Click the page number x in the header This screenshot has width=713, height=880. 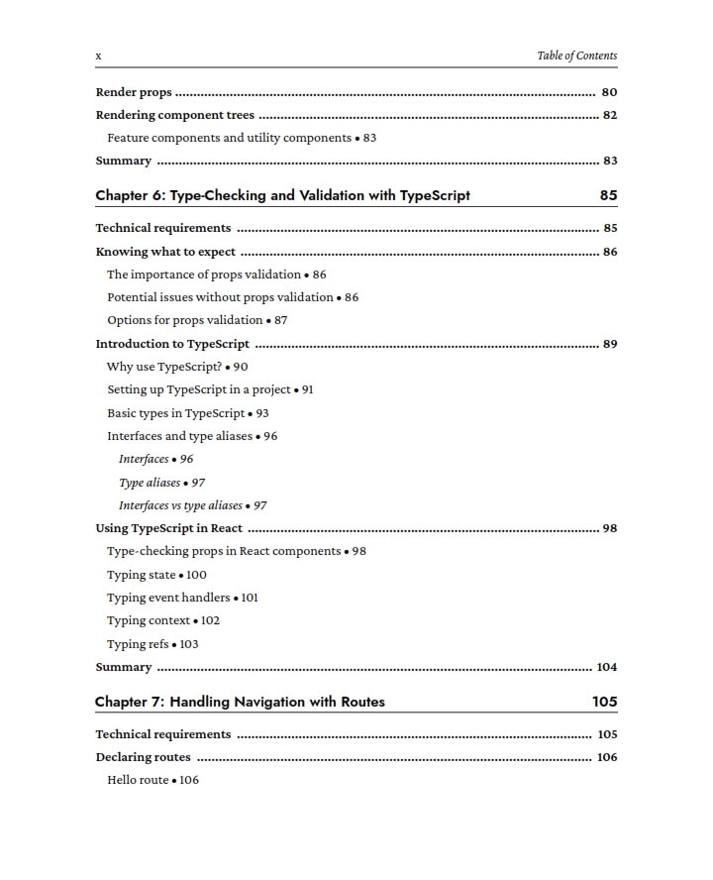click(x=98, y=56)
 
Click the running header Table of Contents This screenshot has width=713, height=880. click(x=576, y=55)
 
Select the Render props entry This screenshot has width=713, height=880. click(x=134, y=92)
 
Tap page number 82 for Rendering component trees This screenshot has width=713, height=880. click(x=609, y=115)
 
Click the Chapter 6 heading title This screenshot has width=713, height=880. click(x=282, y=195)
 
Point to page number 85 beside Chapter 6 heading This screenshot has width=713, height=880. click(x=608, y=195)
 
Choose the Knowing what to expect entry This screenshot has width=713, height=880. click(x=165, y=252)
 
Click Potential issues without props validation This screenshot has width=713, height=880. click(x=220, y=297)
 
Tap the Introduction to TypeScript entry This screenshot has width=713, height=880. click(x=172, y=344)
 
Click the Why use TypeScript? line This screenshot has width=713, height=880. click(x=163, y=367)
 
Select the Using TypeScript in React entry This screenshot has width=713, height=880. click(x=168, y=528)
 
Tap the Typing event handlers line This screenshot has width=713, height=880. click(x=168, y=598)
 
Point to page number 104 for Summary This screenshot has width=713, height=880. click(x=606, y=667)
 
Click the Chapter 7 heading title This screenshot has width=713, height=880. click(x=240, y=702)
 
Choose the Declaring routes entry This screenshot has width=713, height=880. click(x=143, y=757)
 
